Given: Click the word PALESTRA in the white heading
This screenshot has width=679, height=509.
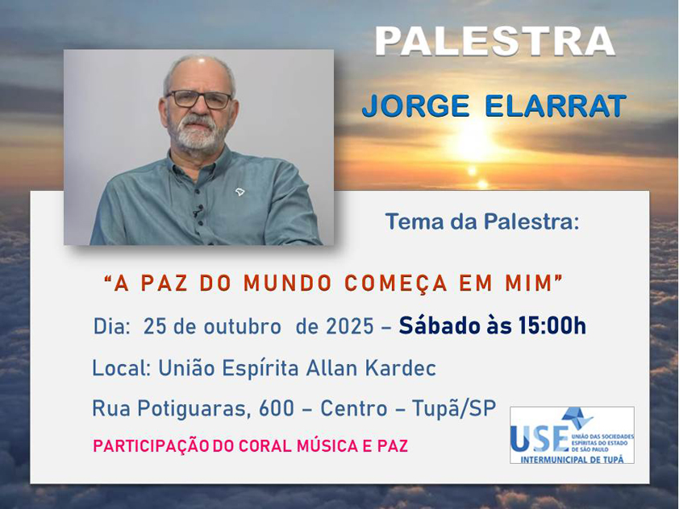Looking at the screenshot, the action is (x=495, y=41).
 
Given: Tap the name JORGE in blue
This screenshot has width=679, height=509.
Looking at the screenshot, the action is (x=416, y=106).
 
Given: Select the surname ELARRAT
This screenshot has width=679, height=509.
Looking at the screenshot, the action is (x=556, y=106).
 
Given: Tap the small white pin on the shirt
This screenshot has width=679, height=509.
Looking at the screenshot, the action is (x=240, y=192).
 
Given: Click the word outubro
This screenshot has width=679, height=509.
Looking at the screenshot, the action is (x=243, y=326).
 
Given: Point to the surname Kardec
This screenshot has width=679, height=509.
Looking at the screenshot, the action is (x=401, y=368).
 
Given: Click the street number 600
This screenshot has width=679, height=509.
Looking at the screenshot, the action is (x=277, y=408).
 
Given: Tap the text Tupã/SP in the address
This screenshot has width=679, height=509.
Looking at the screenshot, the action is (x=454, y=408).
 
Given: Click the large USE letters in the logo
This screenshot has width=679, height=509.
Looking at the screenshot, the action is (x=539, y=437).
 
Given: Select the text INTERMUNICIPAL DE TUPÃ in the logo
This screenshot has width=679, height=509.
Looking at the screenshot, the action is (x=572, y=459).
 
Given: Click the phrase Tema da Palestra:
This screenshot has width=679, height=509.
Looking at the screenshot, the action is (x=482, y=221).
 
